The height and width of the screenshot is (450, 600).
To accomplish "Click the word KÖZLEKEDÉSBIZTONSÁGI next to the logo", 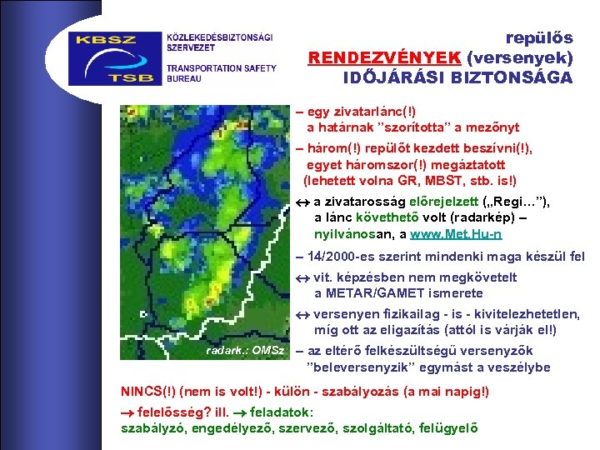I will click(x=219, y=37).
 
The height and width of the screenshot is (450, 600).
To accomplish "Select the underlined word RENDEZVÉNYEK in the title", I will click(x=385, y=58).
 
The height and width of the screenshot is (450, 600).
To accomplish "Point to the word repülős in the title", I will click(x=539, y=37).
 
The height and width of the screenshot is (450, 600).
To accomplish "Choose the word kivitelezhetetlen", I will click(x=527, y=314).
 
